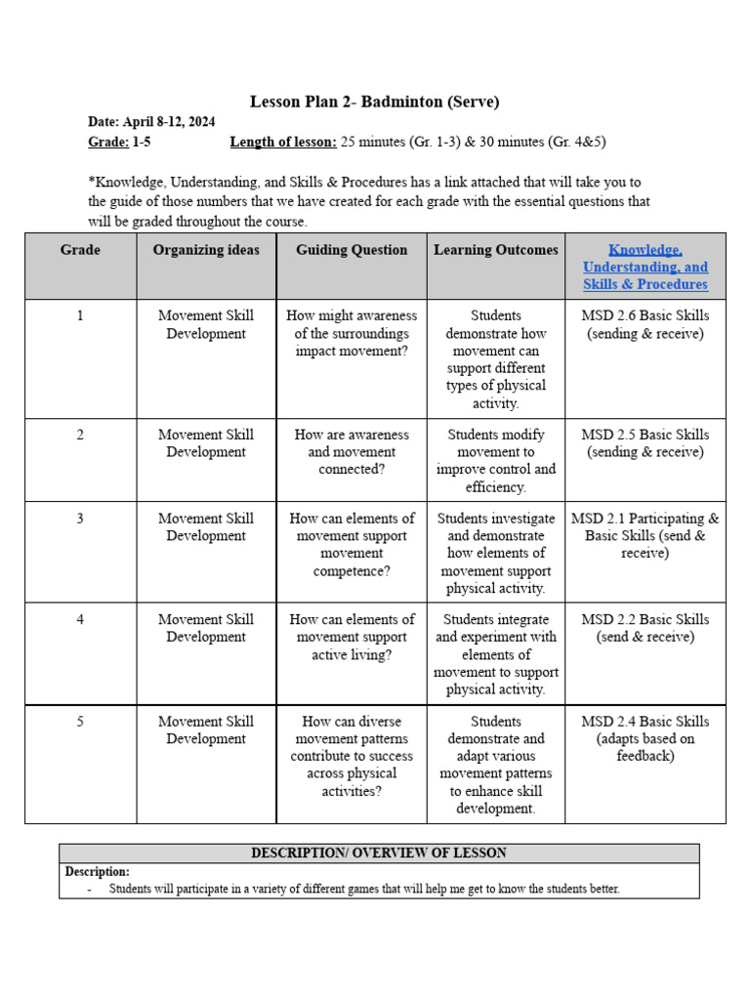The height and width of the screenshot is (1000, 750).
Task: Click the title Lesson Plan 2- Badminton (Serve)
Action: [375, 102]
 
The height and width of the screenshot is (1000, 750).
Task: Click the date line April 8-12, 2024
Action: [151, 122]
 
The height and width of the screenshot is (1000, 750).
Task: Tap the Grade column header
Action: [80, 250]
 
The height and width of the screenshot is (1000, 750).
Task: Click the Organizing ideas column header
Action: [206, 250]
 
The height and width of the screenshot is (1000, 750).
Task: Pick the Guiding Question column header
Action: [352, 250]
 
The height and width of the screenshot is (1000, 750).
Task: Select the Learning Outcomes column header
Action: [496, 250]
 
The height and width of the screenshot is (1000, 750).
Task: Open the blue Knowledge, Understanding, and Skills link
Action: [646, 267]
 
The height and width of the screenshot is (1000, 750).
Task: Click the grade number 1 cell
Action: [80, 315]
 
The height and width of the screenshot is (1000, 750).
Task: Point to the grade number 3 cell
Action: [80, 519]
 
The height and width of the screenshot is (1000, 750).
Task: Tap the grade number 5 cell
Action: [80, 722]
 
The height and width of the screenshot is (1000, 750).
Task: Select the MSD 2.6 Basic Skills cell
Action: [646, 324]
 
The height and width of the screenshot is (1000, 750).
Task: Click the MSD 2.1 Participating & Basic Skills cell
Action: [646, 535]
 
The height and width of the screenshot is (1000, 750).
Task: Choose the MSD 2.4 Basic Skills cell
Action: [646, 738]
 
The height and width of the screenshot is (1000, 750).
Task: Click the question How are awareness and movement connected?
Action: [352, 451]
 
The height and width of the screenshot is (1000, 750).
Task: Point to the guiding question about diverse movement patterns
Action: [352, 756]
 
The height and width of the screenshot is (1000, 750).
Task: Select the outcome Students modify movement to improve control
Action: [496, 460]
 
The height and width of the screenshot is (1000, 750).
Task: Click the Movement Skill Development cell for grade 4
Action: [206, 628]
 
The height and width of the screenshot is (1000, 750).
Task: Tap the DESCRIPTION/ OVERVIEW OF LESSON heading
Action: [379, 853]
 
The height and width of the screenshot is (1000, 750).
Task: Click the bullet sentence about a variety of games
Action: [363, 889]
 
